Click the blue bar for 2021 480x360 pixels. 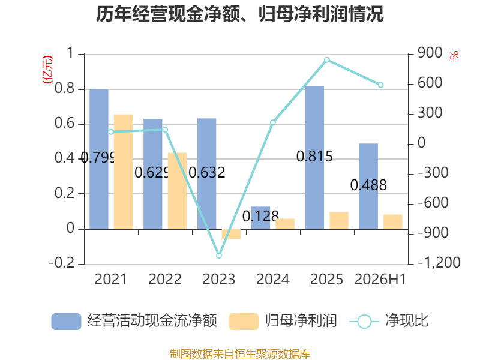point(99,159)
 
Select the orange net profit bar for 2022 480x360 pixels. point(177,191)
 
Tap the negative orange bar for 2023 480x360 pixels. point(231,234)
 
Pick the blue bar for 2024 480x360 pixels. point(260,218)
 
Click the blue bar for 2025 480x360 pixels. point(314,158)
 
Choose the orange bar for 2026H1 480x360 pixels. point(393,221)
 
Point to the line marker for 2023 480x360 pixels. point(219,256)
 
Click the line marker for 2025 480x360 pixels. point(326,59)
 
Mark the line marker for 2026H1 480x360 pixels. point(380,85)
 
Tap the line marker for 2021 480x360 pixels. point(111,131)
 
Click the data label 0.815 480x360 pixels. point(314,157)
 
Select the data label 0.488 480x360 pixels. point(368,185)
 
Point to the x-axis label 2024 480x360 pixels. point(273,279)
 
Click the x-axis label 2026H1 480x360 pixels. point(380,279)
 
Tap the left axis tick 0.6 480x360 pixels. point(65,123)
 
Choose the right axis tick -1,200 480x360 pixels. point(439,262)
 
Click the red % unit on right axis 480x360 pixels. point(454,55)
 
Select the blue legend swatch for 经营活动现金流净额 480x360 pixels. point(66,322)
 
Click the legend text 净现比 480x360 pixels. point(407,320)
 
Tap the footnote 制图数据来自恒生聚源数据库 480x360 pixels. point(239,354)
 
